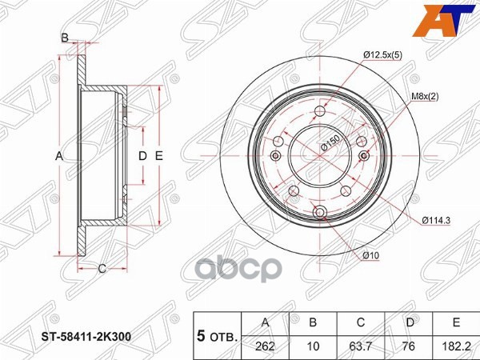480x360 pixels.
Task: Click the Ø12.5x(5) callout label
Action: click(x=382, y=54)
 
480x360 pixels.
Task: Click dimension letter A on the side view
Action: click(x=59, y=156)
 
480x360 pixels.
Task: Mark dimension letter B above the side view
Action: click(x=65, y=37)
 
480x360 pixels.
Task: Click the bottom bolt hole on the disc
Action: click(x=321, y=213)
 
